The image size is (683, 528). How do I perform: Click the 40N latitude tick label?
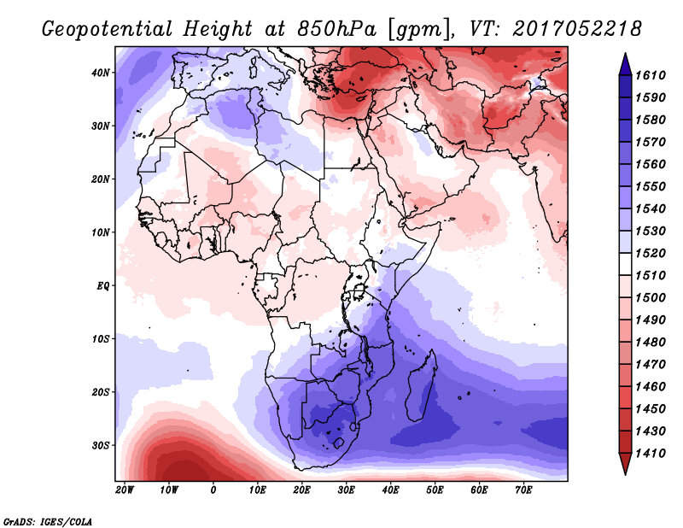[100, 73]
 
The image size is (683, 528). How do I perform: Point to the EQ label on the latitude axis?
[102, 286]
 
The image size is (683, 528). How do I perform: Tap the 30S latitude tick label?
[100, 446]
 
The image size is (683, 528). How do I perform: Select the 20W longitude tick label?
[125, 490]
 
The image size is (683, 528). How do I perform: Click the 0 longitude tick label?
[213, 490]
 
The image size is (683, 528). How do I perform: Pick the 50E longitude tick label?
[435, 490]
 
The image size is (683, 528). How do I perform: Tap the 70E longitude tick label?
[523, 490]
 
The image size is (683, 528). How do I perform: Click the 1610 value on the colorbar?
[651, 75]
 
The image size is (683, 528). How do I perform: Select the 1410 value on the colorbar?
[651, 454]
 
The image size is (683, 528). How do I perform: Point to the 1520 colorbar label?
[651, 253]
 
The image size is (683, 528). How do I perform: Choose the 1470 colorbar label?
[651, 365]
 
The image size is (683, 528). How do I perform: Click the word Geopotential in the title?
[108, 30]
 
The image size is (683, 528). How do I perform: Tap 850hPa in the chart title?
[337, 29]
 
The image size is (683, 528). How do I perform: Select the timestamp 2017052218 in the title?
[577, 28]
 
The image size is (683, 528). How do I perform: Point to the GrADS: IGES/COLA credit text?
[48, 522]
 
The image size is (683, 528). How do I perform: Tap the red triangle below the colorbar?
[625, 464]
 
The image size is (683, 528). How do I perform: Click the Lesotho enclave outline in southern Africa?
[338, 443]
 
